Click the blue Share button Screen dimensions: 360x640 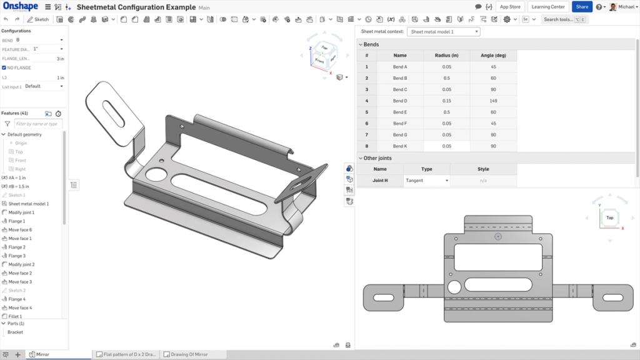pyautogui.click(x=581, y=7)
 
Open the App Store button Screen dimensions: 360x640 pyautogui.click(x=510, y=7)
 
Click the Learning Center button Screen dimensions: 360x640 pyautogui.click(x=548, y=7)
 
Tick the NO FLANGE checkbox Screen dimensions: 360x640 pyautogui.click(x=4, y=67)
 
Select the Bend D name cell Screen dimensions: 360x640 pyautogui.click(x=400, y=101)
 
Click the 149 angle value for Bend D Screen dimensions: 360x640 pyautogui.click(x=493, y=101)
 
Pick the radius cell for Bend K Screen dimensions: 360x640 pyautogui.click(x=446, y=146)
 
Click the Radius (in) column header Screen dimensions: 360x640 pyautogui.click(x=446, y=56)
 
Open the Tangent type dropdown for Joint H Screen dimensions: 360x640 pyautogui.click(x=427, y=181)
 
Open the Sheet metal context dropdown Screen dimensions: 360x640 pyautogui.click(x=443, y=31)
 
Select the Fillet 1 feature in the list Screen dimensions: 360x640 pyautogui.click(x=15, y=317)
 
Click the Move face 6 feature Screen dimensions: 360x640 pyautogui.click(x=20, y=230)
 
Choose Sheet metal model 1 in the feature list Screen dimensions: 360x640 pyautogui.click(x=28, y=204)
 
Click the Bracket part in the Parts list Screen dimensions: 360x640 pyautogui.click(x=15, y=332)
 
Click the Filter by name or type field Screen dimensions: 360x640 pyautogui.click(x=38, y=124)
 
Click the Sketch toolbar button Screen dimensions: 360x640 pyautogui.click(x=38, y=19)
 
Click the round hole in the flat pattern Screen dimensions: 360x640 pyautogui.click(x=454, y=287)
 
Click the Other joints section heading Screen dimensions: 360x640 pyautogui.click(x=377, y=158)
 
